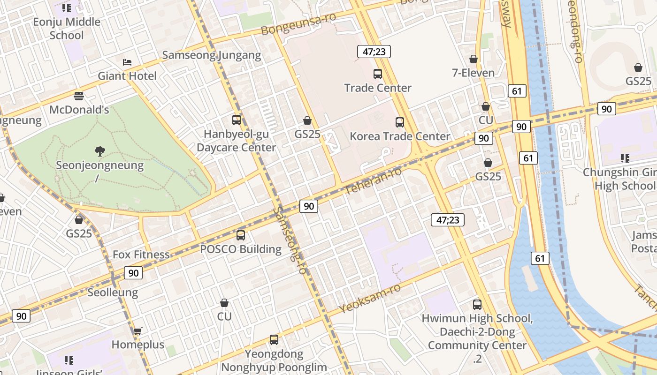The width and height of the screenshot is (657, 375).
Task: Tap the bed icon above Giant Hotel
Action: (127, 62)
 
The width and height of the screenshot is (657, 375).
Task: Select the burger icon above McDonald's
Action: (79, 96)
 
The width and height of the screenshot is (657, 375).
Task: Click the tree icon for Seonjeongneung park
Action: (99, 151)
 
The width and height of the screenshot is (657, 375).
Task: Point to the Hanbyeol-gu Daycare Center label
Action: (236, 141)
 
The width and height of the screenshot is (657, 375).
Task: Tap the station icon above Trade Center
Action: (378, 74)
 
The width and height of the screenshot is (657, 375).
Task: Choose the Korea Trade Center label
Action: (400, 136)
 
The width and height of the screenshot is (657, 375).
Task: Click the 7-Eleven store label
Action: (473, 73)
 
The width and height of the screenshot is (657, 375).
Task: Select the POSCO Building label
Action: (241, 249)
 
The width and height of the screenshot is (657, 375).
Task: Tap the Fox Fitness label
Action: (141, 255)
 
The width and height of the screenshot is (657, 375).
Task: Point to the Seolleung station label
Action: (113, 292)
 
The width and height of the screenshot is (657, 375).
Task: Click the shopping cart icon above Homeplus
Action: (138, 331)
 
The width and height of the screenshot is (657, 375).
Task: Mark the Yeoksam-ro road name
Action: (370, 298)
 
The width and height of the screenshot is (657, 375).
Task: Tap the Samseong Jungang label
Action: (211, 55)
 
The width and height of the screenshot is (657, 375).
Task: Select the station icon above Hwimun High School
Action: (477, 305)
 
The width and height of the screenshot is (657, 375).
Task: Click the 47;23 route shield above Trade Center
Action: (374, 52)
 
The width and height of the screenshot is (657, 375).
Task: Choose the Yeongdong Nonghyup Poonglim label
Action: (274, 360)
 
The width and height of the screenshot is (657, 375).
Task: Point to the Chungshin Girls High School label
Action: (619, 179)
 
